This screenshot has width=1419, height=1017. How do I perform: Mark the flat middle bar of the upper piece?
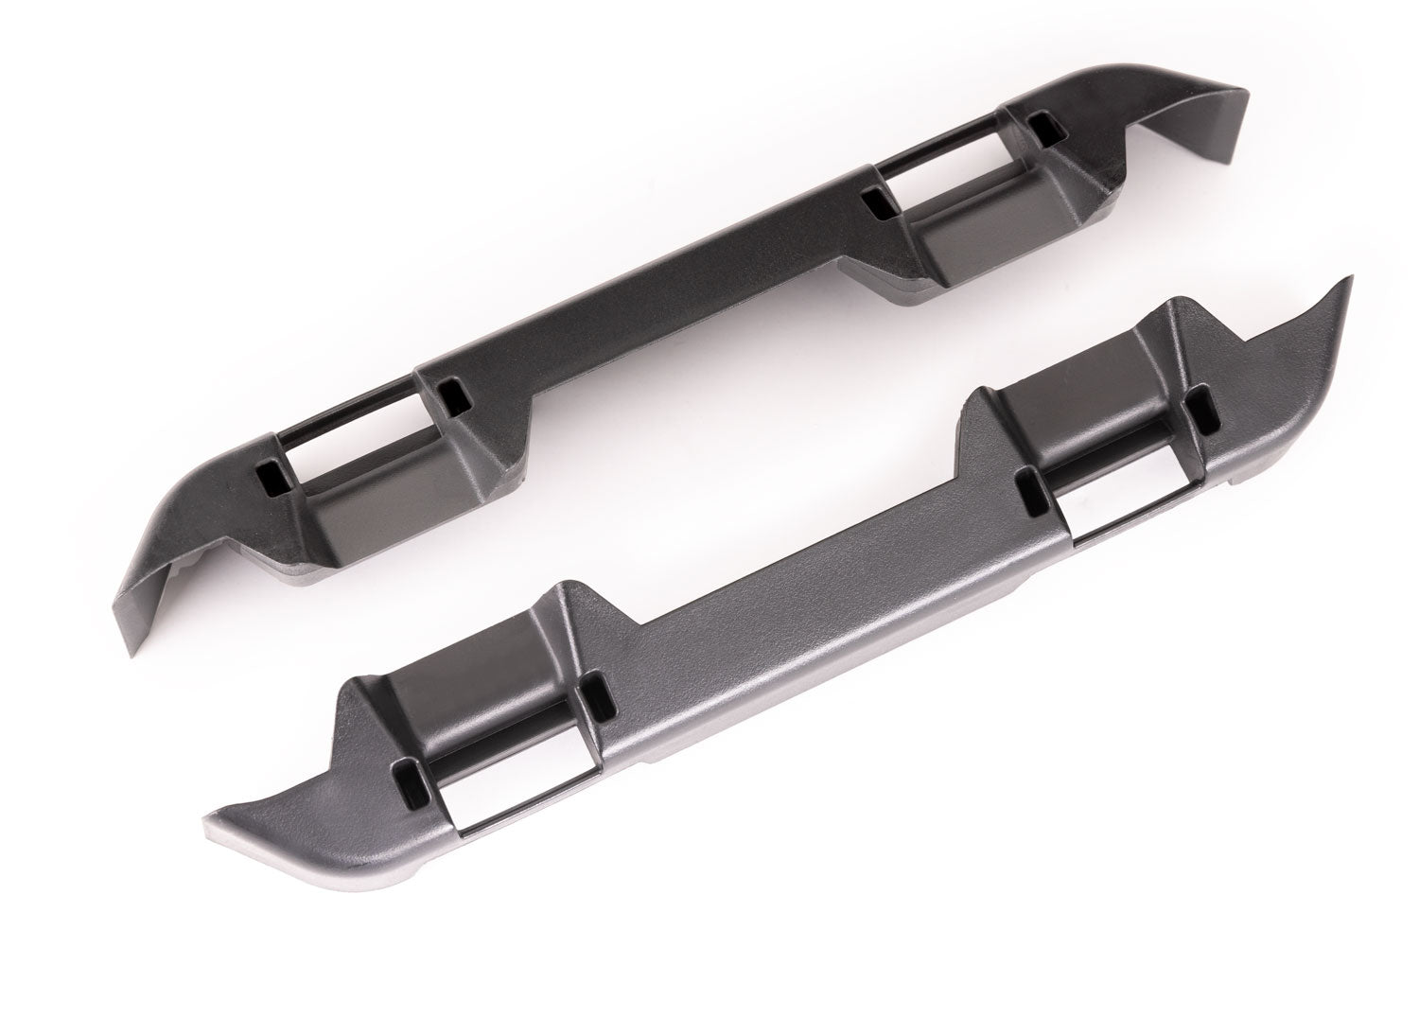(x=662, y=303)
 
